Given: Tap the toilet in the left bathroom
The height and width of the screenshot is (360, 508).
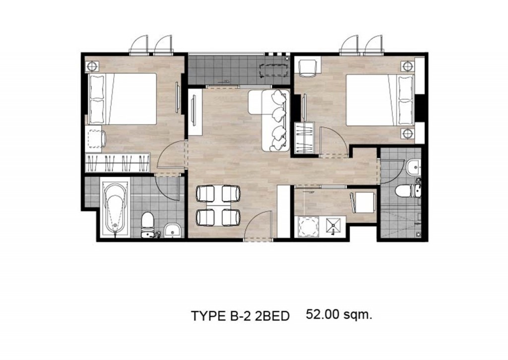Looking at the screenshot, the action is coord(147,225).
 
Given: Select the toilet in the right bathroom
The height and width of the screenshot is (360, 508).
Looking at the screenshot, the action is coord(408,191).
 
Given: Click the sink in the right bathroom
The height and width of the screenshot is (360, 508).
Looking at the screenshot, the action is coord(413,167).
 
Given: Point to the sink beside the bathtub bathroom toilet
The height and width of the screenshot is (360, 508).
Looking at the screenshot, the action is coord(172,230).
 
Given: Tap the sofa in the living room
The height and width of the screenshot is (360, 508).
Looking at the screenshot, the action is coord(269,120).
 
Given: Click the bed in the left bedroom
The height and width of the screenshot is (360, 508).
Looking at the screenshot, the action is coord(123,99).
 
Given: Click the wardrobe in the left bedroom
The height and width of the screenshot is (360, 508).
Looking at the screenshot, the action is coord(117,163).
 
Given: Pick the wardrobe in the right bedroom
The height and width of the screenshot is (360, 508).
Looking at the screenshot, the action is coord(304,138).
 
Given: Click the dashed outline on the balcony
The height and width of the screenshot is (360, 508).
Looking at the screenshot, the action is coord(274,70).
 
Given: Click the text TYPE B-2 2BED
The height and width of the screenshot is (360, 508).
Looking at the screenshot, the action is coord(240,316).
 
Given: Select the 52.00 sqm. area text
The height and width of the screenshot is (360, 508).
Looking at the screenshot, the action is coord(339,314).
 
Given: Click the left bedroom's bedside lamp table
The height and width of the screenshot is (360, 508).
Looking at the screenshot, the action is coord(92,66).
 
